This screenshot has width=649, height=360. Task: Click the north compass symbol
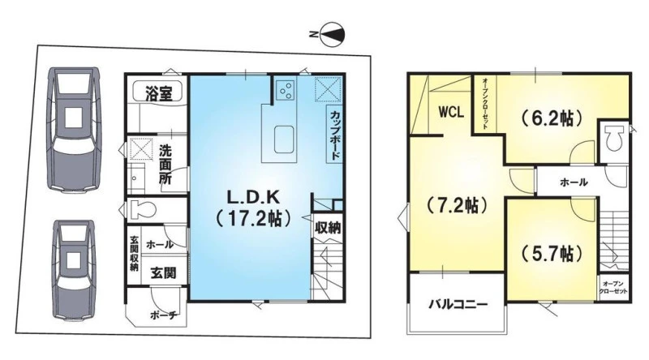(x=329, y=34)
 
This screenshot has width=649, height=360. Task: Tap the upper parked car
(x=74, y=130)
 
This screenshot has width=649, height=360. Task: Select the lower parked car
(x=74, y=270)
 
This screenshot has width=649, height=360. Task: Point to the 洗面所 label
(x=165, y=165)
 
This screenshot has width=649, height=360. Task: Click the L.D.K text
(x=254, y=198)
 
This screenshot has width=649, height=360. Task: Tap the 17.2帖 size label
(x=252, y=218)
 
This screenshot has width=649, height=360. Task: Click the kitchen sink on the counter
(x=284, y=139)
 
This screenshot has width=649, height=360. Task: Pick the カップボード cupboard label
(x=335, y=135)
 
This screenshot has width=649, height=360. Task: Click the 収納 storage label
(x=328, y=228)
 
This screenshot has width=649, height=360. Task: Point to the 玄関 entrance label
(x=163, y=272)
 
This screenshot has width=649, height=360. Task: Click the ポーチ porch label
(x=164, y=315)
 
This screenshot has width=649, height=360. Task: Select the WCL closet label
(x=451, y=112)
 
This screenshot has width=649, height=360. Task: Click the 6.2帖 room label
(x=552, y=119)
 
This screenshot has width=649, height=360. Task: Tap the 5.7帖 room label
(x=552, y=253)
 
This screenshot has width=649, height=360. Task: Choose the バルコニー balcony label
(x=458, y=305)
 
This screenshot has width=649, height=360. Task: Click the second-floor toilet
(x=614, y=139)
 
